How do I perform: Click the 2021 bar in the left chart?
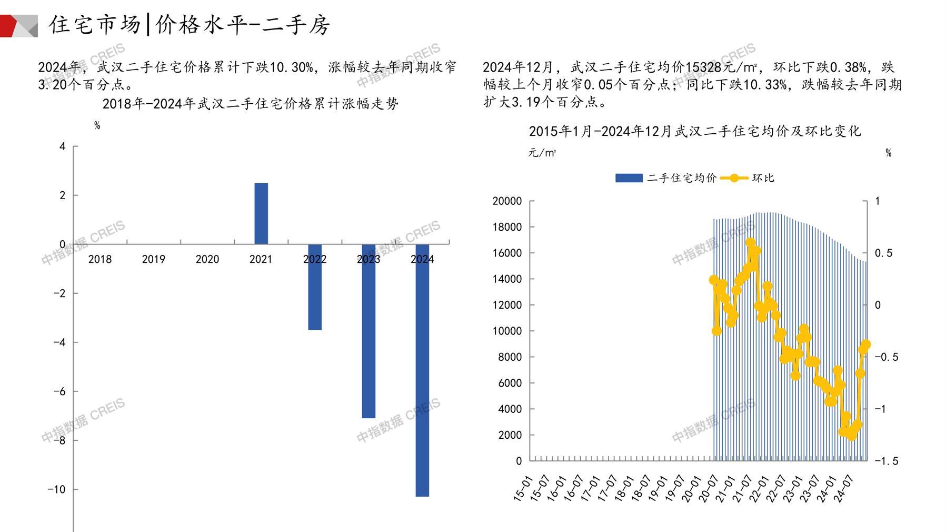(261, 213)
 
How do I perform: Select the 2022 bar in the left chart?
(315, 287)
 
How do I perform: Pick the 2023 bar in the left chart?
(369, 331)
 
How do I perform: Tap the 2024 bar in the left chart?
(422, 370)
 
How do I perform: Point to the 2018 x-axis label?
(100, 259)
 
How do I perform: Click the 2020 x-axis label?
(207, 259)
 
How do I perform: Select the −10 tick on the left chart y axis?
(56, 489)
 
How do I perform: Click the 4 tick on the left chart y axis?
(63, 146)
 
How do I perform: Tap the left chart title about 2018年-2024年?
(250, 104)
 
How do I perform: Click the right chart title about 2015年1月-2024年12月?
(694, 131)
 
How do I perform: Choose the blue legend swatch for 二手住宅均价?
(629, 178)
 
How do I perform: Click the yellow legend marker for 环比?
(734, 178)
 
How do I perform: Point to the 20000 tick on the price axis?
(507, 201)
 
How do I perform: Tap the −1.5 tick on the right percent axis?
(887, 461)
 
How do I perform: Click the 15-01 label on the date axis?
(523, 488)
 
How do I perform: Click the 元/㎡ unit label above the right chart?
(542, 153)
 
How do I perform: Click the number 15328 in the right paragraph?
(704, 67)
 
